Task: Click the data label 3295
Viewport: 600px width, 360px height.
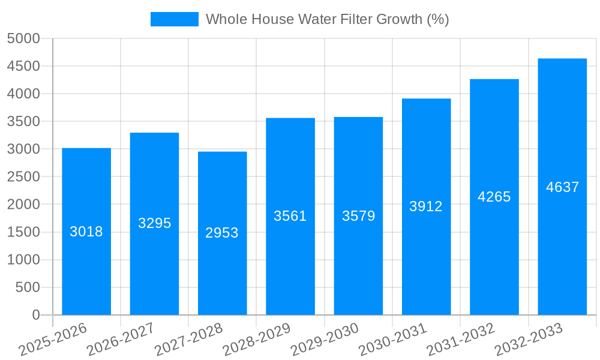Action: coord(155,223)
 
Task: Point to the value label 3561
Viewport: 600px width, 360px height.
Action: coord(290,216)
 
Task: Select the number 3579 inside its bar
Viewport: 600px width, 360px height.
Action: coord(358,216)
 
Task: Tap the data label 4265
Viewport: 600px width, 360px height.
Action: coord(494,197)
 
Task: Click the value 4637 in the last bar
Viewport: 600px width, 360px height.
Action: coord(562,187)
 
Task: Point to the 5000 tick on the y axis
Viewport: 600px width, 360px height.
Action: coord(23,38)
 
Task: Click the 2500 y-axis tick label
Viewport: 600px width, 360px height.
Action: coord(23,177)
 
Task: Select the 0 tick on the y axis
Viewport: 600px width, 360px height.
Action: coord(35,315)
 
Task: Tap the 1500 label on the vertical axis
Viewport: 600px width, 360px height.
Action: coord(23,232)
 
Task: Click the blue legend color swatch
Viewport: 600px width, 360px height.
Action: coord(174,19)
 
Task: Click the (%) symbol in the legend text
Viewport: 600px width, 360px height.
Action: coord(437,19)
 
